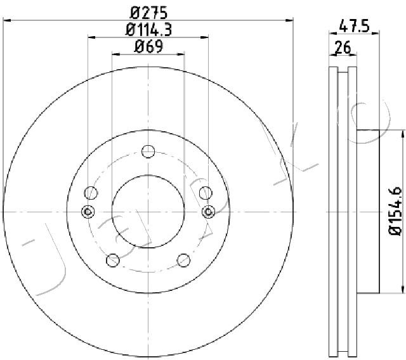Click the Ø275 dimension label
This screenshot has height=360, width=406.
(148, 13)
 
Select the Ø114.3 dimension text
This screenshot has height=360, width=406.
(148, 30)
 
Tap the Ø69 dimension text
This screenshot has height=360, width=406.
(148, 46)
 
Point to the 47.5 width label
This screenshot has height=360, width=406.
(354, 26)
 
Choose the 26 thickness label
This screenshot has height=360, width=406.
(343, 47)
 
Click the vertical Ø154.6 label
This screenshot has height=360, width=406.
(396, 211)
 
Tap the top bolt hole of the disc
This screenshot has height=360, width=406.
(148, 151)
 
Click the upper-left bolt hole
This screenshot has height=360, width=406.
(91, 193)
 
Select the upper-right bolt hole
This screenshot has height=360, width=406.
(206, 193)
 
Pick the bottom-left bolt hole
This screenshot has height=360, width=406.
(113, 260)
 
